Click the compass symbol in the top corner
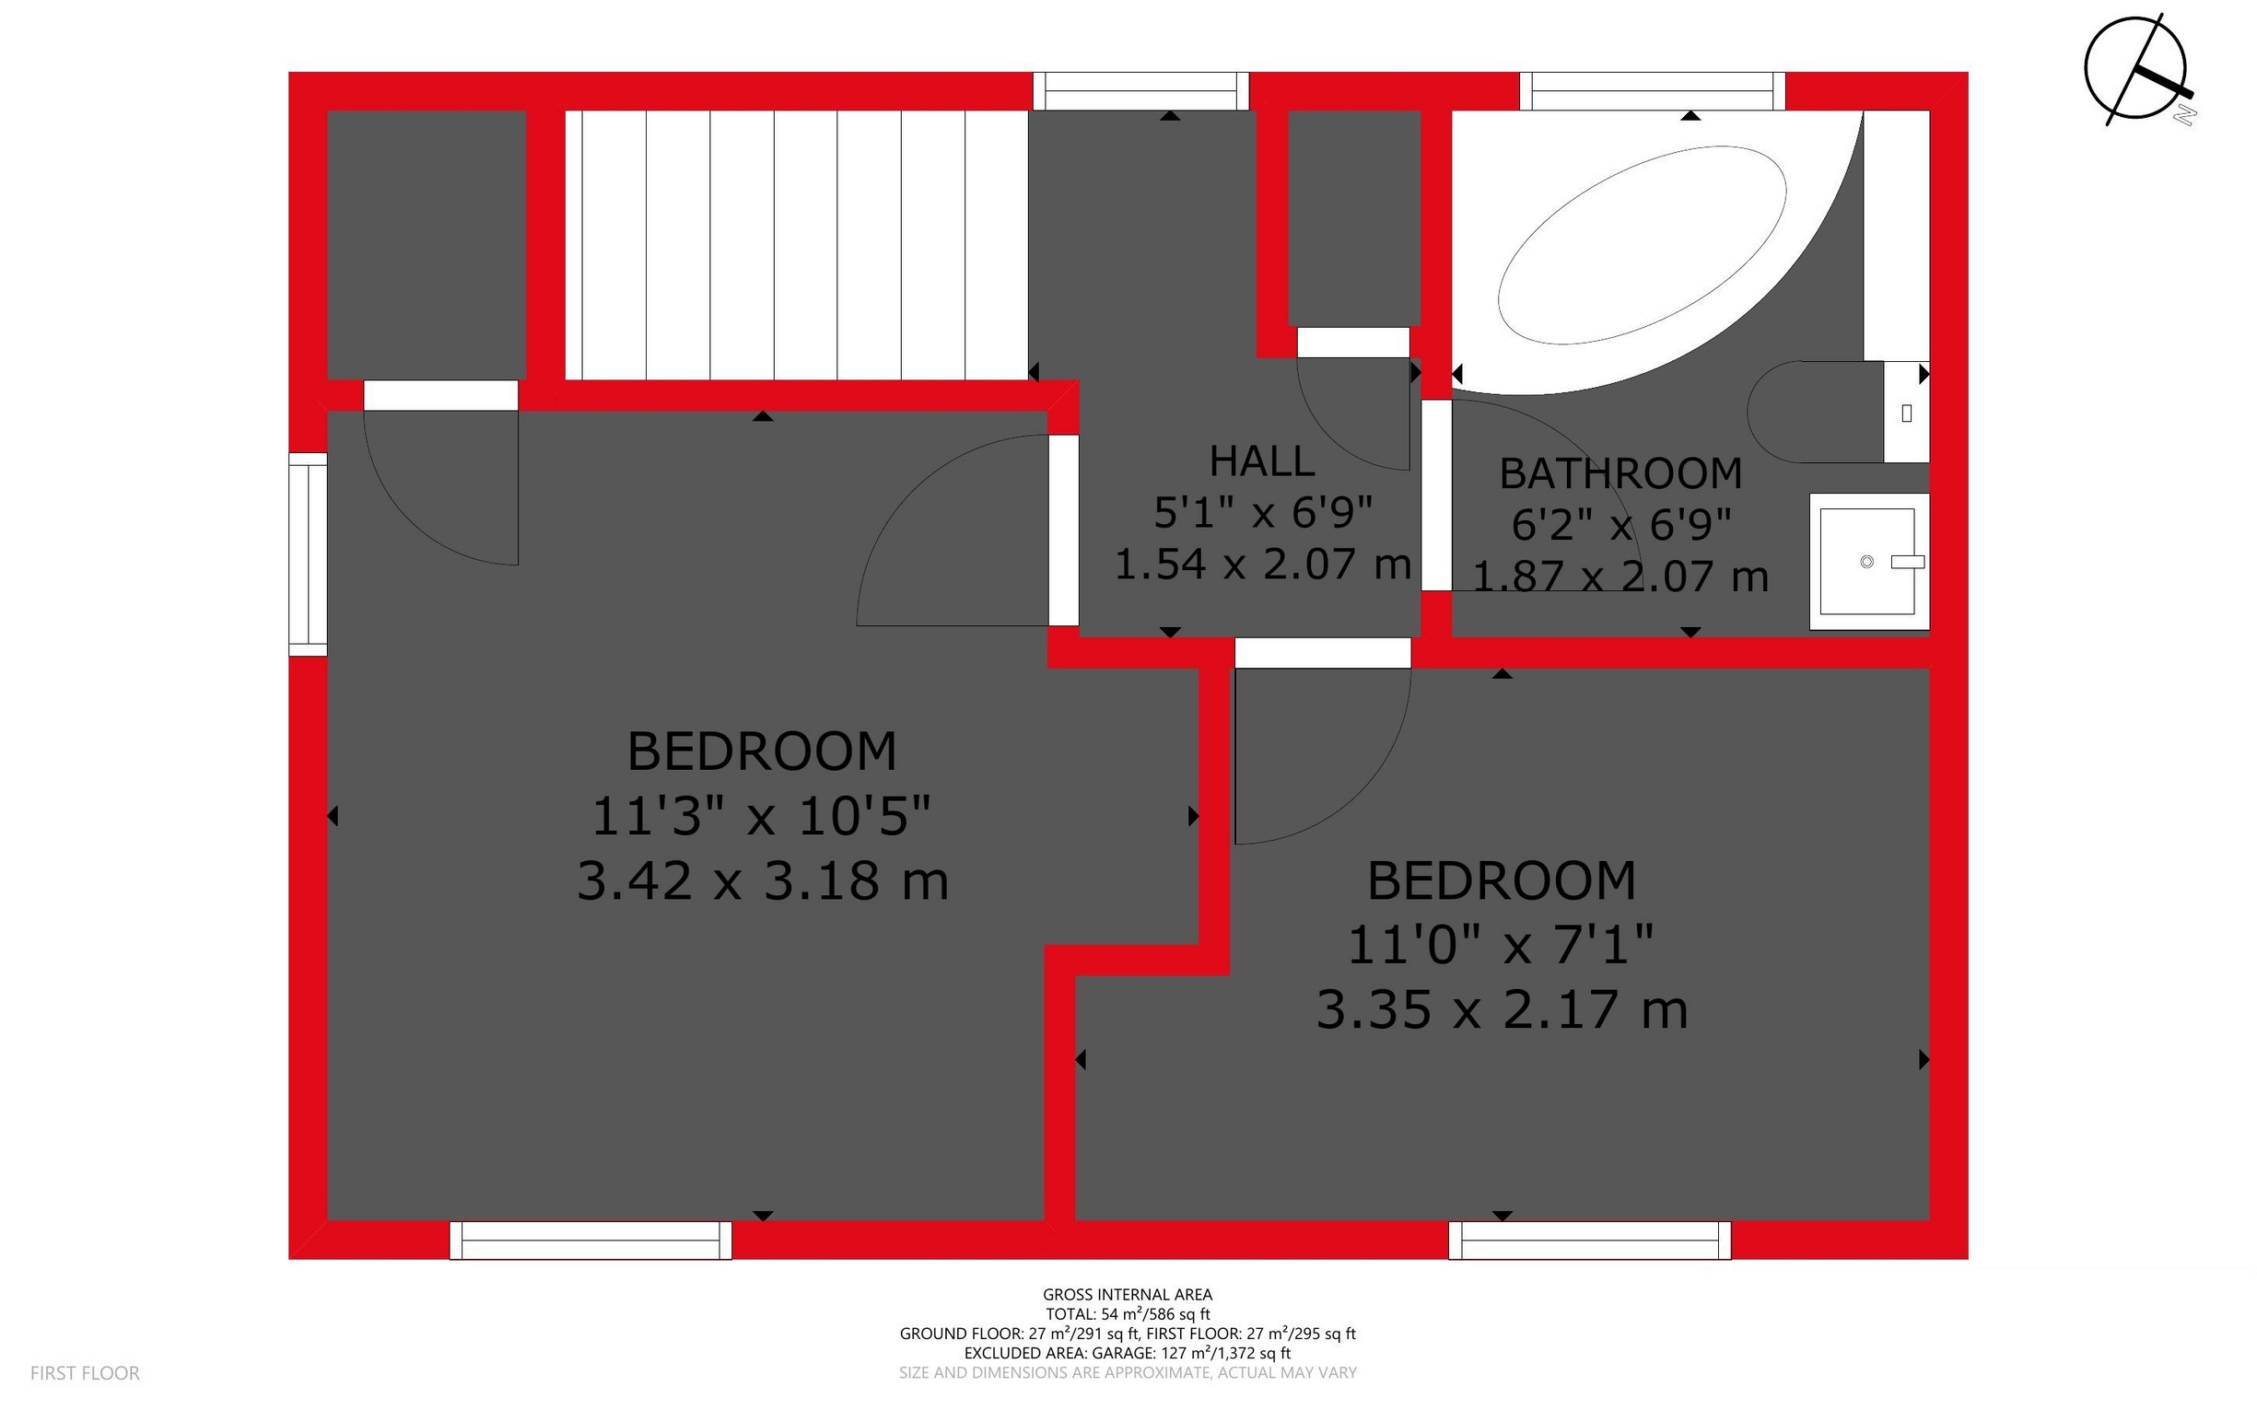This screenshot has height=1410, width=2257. [2134, 69]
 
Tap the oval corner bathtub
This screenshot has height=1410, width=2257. [1642, 244]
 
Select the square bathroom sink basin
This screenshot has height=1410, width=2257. [1868, 562]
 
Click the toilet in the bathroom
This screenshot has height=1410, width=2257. [1828, 413]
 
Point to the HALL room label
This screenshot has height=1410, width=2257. [1262, 460]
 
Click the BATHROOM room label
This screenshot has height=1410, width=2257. [1621, 473]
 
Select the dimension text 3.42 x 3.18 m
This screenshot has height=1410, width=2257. [762, 880]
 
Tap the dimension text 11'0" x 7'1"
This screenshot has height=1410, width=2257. [1501, 945]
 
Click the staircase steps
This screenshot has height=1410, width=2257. [798, 244]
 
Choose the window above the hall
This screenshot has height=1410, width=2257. [1140, 91]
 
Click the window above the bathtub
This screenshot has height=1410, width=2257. [1652, 91]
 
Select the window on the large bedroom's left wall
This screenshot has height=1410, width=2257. [308, 554]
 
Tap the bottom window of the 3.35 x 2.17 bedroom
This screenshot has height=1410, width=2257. [1589, 1241]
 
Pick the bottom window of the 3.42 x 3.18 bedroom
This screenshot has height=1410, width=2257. [591, 1241]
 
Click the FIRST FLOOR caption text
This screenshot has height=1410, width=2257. [85, 1372]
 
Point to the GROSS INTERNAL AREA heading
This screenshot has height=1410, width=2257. [1127, 1294]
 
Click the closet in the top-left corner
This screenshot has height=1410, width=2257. [427, 244]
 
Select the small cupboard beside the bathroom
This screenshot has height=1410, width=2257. [1354, 217]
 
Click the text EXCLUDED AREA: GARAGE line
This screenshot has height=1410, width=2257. [1127, 1352]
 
